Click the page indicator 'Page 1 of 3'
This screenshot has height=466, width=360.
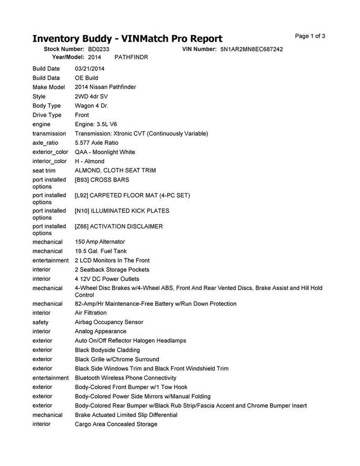coord(310,36)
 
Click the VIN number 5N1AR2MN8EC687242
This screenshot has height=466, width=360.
coord(251,49)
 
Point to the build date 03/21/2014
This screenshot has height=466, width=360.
coord(90,69)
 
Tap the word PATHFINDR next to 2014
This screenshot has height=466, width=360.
coord(131,57)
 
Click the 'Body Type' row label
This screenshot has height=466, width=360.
coord(47,106)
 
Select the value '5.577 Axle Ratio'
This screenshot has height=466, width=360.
coord(96,143)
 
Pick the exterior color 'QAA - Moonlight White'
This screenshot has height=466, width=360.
coord(105,152)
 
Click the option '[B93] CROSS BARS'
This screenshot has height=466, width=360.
coord(102,180)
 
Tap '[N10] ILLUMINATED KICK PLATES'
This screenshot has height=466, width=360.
coord(122,211)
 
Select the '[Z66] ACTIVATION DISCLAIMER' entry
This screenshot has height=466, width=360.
coord(119,226)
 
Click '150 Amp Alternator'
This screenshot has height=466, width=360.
coord(100,242)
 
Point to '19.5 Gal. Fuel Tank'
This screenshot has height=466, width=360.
coord(100,251)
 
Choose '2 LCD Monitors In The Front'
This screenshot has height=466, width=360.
coord(112,260)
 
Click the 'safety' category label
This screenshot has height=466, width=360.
coord(41,322)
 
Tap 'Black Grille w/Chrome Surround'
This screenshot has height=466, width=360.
coord(117,359)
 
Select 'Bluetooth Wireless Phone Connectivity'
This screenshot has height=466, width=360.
coord(125,378)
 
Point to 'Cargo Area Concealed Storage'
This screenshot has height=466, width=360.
coord(116,424)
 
